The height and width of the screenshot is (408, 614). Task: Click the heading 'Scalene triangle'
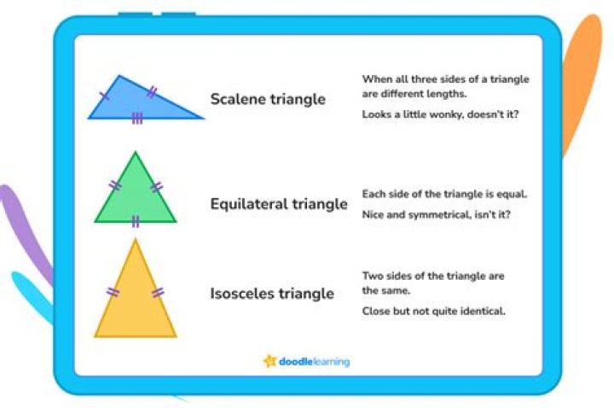[x=268, y=99]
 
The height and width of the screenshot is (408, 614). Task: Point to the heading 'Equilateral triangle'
[x=279, y=204]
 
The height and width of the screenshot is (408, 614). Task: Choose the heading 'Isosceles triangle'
[x=271, y=294]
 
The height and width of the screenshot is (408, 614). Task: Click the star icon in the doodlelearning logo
[x=269, y=361]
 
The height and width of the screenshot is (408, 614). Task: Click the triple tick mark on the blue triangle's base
[x=137, y=118]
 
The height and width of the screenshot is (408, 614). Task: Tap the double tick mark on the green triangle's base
[x=135, y=222]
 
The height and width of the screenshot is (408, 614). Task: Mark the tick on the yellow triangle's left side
[x=113, y=293]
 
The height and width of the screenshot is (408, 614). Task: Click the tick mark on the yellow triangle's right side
[x=158, y=293]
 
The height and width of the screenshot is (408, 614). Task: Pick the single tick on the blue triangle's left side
[x=104, y=96]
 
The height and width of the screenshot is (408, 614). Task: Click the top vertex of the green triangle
[x=135, y=154]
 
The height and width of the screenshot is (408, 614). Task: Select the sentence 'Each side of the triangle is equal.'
[x=444, y=194]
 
